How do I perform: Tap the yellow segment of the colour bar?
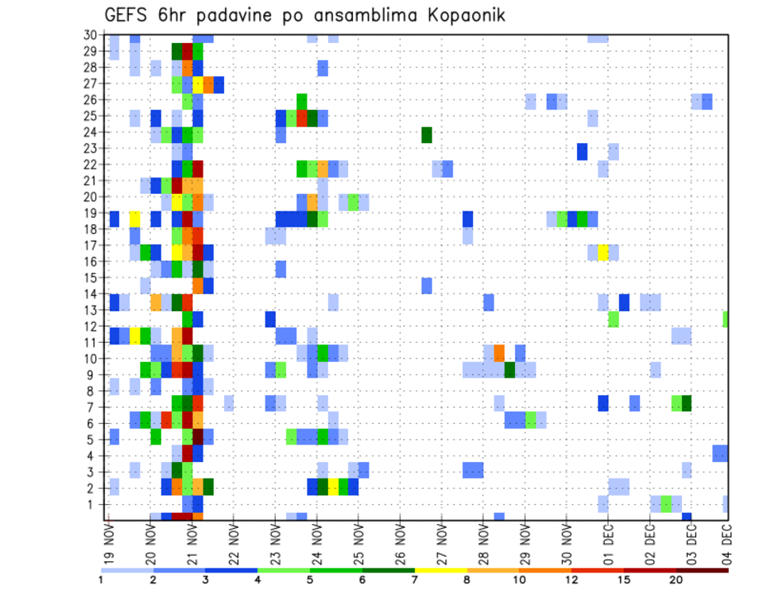click(x=440, y=570)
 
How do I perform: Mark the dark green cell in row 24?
click(x=427, y=134)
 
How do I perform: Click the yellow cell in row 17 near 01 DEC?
click(x=603, y=252)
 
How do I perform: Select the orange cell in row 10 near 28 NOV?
click(x=499, y=352)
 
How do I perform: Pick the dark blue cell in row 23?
click(x=583, y=151)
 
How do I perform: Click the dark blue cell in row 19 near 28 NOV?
click(x=467, y=219)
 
